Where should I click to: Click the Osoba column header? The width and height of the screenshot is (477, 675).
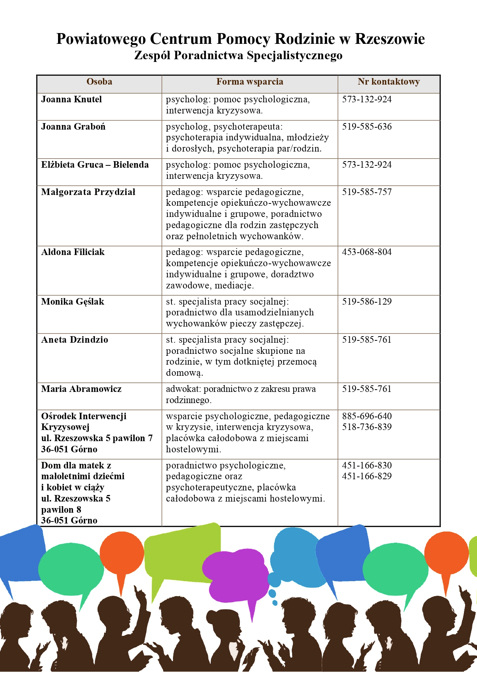(99, 82)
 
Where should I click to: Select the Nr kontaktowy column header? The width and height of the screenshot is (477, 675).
(388, 82)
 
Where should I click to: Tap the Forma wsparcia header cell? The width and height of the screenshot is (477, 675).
(249, 82)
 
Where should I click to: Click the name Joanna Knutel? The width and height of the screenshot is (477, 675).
(71, 99)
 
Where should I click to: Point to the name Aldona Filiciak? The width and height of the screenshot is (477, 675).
(73, 252)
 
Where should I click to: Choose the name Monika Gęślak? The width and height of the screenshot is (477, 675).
(73, 302)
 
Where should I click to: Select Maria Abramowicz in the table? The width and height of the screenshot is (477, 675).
(81, 389)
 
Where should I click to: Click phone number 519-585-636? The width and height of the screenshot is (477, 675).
(367, 127)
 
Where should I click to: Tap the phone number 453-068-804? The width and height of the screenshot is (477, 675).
(367, 252)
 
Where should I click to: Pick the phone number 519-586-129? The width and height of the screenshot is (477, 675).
(367, 302)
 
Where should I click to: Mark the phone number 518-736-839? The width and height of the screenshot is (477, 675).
(367, 427)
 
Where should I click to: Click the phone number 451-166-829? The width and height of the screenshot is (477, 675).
(367, 476)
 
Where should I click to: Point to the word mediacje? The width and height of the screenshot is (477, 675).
(234, 285)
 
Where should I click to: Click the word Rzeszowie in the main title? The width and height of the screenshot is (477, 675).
(390, 39)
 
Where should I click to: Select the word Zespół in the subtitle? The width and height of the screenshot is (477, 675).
(152, 55)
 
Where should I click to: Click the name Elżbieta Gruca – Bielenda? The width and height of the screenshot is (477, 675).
(95, 165)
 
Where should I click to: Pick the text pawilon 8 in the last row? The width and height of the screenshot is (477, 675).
(61, 510)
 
